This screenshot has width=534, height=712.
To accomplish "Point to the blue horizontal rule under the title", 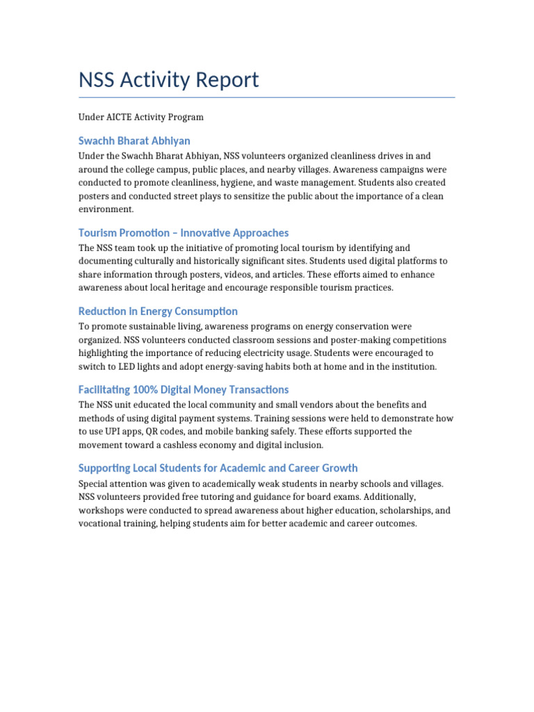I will point(267,97).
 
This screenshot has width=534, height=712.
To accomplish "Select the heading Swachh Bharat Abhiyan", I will point(134,140).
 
